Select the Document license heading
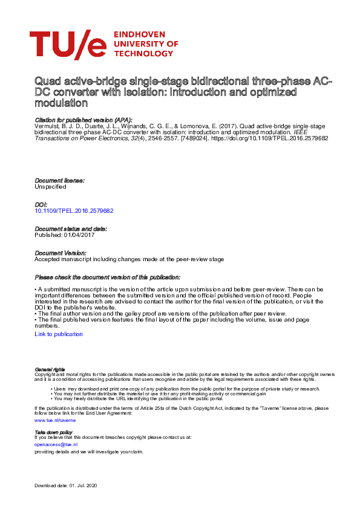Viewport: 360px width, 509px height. [x=59, y=181]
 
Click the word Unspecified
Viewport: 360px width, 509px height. [x=51, y=187]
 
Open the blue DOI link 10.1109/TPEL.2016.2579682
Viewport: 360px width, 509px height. [x=74, y=211]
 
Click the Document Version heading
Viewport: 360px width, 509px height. [x=60, y=253]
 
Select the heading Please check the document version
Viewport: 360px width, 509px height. [x=110, y=277]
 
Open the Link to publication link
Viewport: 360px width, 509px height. [x=59, y=334]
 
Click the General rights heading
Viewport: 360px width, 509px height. [x=50, y=369]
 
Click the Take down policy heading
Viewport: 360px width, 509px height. [x=54, y=432]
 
